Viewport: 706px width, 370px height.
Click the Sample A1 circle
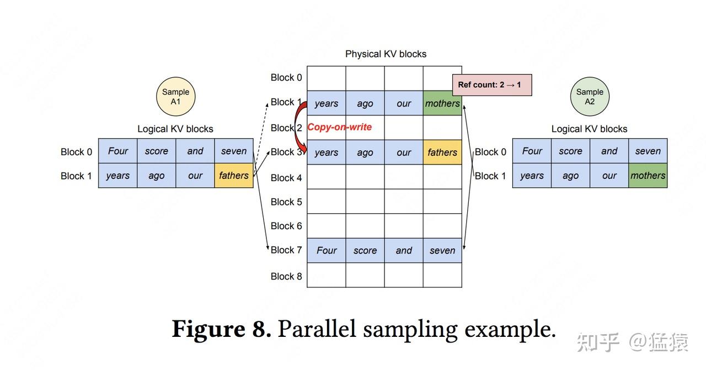coord(175,97)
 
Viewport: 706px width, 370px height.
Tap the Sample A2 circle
coord(590,97)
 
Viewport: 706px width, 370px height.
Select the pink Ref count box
coord(492,85)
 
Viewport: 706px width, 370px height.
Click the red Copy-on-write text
coord(339,127)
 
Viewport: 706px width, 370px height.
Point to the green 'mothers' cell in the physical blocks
coord(442,103)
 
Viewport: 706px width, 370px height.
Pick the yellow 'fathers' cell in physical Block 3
coord(442,152)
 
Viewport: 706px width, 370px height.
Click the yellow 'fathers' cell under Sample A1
coord(234,176)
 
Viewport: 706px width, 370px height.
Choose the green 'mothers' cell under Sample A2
coord(648,176)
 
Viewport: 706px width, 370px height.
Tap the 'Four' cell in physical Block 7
coord(327,250)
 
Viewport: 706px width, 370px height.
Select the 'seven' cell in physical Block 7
coord(442,250)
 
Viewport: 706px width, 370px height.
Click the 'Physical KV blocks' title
coord(386,54)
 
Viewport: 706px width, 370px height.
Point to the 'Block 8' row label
coord(286,276)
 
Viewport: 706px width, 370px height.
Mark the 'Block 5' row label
coord(286,202)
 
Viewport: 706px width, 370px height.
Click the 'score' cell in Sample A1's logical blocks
coord(156,151)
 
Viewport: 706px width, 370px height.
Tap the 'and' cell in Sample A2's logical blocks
coord(609,151)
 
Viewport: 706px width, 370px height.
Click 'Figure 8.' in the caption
coord(221,329)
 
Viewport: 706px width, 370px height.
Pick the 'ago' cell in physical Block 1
coord(365,103)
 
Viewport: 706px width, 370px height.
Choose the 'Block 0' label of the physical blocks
coord(286,77)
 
